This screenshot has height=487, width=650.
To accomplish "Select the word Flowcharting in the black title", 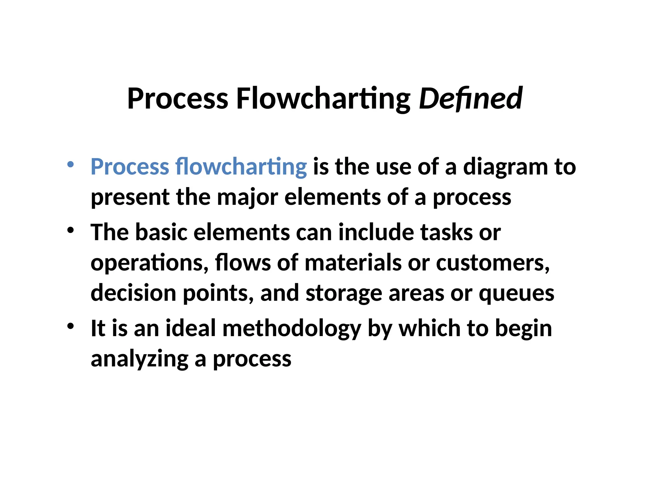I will coord(323,99).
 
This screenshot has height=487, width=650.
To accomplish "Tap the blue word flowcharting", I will coord(241,167).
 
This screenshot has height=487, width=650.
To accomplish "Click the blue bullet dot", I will coord(70,164).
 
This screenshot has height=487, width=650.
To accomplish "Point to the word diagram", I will coord(505,167).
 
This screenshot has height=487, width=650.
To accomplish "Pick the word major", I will coord(247,198).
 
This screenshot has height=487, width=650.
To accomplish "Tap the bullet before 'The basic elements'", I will coord(70,230).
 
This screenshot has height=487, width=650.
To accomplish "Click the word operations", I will coord(149,263).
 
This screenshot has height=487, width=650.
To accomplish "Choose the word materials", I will coord(353,263).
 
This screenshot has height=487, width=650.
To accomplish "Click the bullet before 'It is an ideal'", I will coord(70,326).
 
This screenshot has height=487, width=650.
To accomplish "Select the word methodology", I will coord(292,329).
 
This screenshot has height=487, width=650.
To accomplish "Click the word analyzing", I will coord(140,359).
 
